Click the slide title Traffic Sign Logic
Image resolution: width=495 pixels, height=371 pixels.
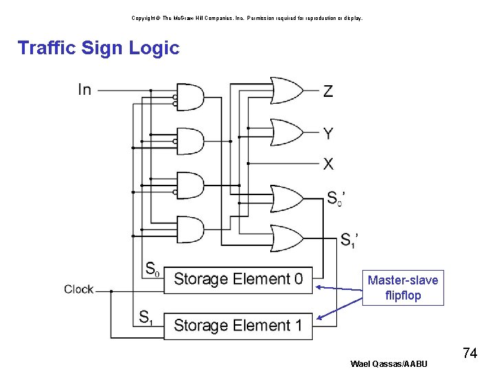coord(98,48)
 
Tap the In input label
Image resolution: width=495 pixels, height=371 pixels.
coord(85,90)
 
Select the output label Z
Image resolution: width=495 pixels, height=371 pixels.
coord(328,91)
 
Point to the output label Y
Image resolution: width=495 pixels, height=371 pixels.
coord(328,133)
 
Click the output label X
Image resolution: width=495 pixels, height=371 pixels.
coord(328,164)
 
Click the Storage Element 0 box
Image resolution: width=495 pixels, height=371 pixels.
coord(238,279)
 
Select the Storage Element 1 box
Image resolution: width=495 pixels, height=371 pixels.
coord(238,325)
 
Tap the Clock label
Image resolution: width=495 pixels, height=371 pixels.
coord(78,289)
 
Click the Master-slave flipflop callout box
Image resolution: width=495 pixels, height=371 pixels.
coord(403,288)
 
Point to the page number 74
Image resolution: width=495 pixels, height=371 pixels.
coord(470,353)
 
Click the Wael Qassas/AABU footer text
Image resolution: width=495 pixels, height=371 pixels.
coord(388,363)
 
